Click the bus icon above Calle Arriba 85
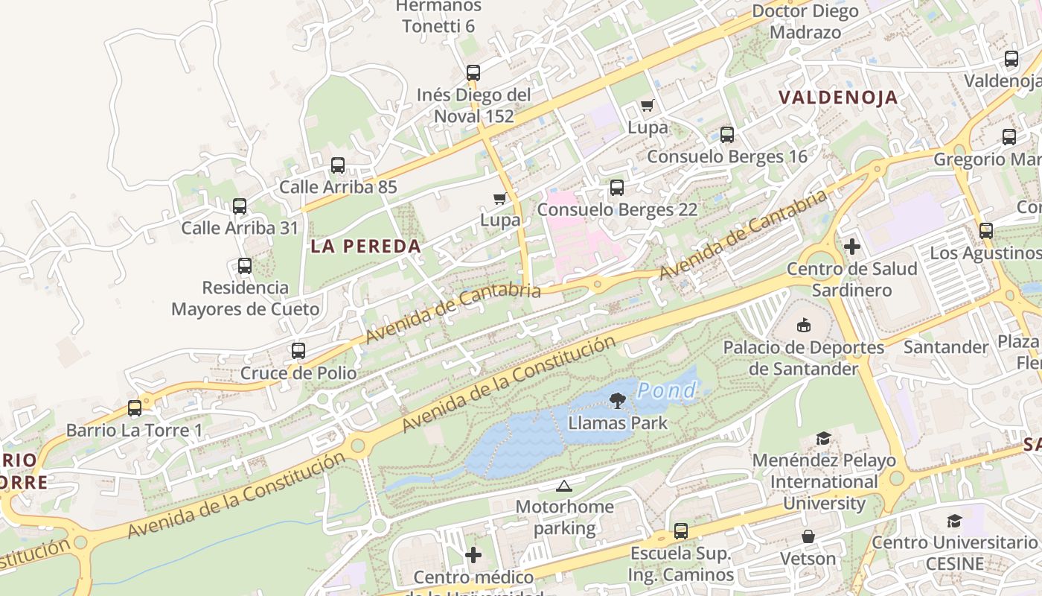[x=338, y=165]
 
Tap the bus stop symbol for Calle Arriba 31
[x=240, y=206]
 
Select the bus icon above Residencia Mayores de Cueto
[x=244, y=266]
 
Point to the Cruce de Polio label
[x=298, y=373]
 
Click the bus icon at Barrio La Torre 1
[x=135, y=408]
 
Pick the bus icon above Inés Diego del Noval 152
[x=473, y=73]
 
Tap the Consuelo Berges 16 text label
[x=726, y=156]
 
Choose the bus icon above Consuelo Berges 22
[x=617, y=188]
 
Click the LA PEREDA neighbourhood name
[x=365, y=246]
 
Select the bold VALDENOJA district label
[x=838, y=98]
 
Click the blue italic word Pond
[x=667, y=390]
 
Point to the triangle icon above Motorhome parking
[x=564, y=486]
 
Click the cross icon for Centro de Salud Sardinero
[x=852, y=247]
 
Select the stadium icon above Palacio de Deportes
[x=804, y=325]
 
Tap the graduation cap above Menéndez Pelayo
[x=823, y=438]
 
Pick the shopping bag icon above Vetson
[x=808, y=536]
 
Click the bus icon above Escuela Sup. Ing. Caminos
[x=681, y=531]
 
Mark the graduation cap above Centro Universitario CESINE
[x=954, y=521]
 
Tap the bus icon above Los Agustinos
[x=986, y=231]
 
